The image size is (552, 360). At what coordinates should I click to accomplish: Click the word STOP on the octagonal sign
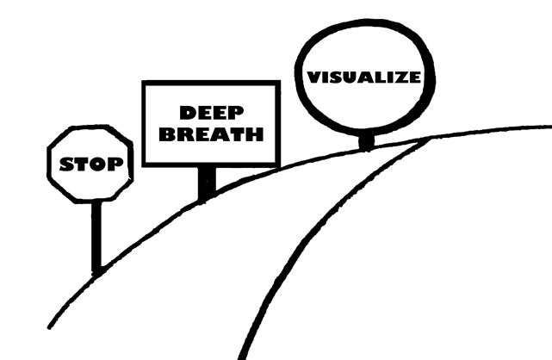click(90, 163)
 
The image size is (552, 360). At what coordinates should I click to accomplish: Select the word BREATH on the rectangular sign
click(212, 135)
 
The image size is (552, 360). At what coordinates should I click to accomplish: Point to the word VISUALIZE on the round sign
click(364, 77)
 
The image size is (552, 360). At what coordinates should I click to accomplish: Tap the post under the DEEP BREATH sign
click(207, 182)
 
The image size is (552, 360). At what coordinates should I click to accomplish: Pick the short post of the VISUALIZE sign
click(368, 139)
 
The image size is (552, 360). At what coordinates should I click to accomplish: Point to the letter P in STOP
click(114, 163)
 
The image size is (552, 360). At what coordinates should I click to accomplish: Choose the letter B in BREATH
click(171, 135)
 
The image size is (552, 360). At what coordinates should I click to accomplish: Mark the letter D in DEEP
click(184, 113)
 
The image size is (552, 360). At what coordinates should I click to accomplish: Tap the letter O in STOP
click(97, 163)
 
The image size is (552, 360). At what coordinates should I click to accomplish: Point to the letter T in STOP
click(81, 163)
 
